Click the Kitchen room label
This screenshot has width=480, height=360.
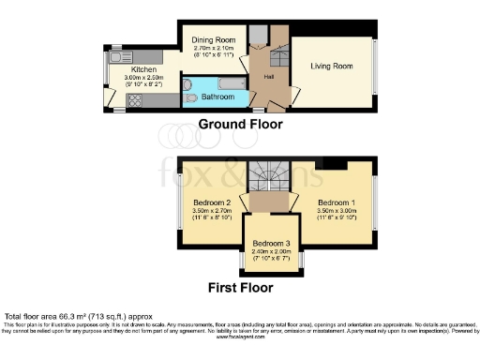click(x=142, y=68)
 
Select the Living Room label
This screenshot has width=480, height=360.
click(x=332, y=66)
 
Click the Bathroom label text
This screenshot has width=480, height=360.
click(x=217, y=97)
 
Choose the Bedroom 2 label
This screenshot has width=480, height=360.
click(x=212, y=202)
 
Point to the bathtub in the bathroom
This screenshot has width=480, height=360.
click(x=217, y=97)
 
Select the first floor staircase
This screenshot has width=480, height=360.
click(x=270, y=173)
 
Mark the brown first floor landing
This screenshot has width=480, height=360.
click(x=270, y=202)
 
